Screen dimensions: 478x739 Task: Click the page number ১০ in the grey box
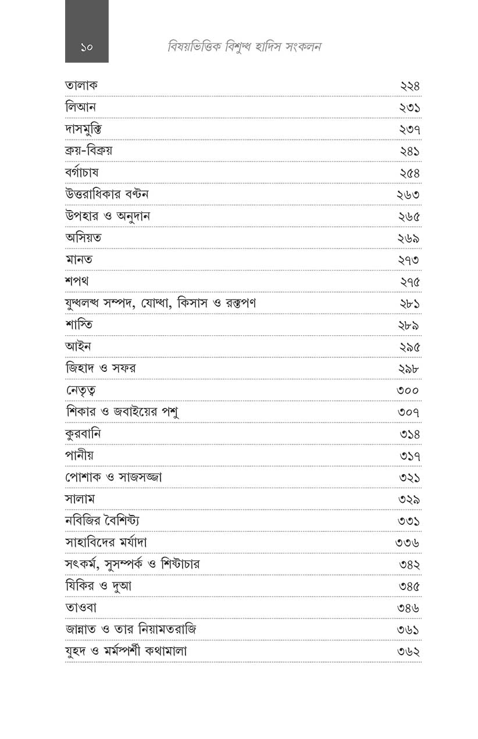(x=87, y=47)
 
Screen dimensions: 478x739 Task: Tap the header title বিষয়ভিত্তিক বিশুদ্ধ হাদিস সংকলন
(x=244, y=47)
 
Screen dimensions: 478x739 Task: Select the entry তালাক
(x=81, y=86)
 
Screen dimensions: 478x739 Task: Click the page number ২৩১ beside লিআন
(x=409, y=108)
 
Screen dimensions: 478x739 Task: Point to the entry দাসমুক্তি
(x=85, y=129)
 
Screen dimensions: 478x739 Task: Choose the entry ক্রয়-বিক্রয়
(x=88, y=151)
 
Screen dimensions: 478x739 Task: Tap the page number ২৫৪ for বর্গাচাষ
(x=409, y=173)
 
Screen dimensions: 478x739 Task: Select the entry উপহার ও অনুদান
(x=108, y=216)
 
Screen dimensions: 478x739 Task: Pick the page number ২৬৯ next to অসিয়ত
(x=409, y=239)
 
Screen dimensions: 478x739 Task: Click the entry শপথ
(x=77, y=282)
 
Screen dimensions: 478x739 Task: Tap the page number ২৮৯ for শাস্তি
(x=409, y=326)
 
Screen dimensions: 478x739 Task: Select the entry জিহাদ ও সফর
(x=101, y=368)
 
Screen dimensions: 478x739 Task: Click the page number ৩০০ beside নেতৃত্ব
(x=408, y=391)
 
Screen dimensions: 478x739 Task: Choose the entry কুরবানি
(x=84, y=434)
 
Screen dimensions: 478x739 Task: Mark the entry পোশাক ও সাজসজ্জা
(x=113, y=478)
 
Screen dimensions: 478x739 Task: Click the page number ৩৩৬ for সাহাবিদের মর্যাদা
(x=407, y=543)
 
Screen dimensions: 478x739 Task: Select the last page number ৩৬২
(x=408, y=652)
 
